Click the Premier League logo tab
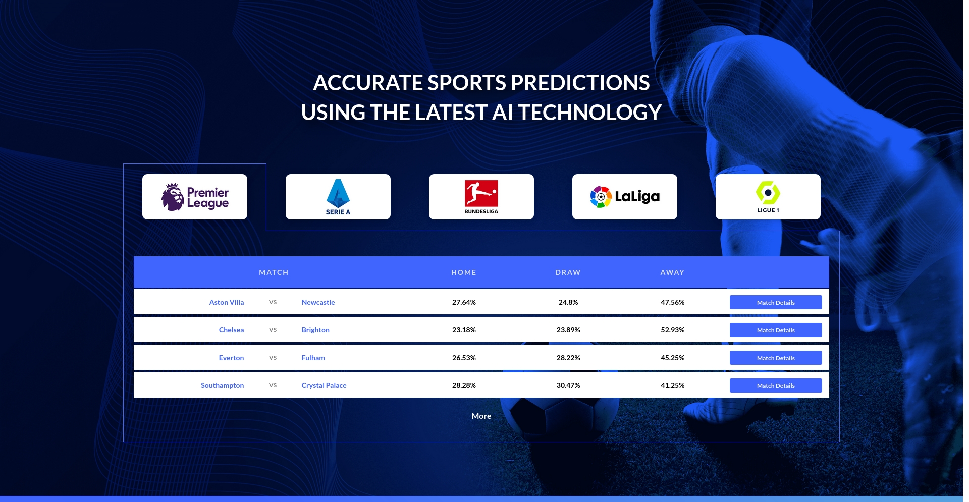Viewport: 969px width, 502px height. point(195,197)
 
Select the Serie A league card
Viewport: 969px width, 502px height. point(338,197)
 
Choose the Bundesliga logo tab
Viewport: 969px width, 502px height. point(481,197)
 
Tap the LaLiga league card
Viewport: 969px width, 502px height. point(625,197)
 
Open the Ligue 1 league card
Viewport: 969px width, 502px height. point(768,197)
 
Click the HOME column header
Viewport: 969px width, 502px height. point(464,272)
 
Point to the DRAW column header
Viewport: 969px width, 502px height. point(568,272)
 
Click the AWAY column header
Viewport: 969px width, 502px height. point(673,272)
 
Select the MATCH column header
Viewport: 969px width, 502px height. point(274,272)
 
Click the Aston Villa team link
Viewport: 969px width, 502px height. point(227,302)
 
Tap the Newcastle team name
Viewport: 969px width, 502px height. point(318,302)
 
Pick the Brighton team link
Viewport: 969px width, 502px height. point(315,330)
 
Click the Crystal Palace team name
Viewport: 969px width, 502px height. point(324,385)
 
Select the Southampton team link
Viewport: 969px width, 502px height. point(222,385)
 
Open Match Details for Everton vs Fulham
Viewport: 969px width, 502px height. point(776,358)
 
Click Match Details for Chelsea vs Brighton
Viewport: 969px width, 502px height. point(776,330)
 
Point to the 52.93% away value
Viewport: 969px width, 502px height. point(673,330)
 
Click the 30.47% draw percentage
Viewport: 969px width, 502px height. point(568,385)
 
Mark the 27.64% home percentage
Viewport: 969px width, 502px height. point(464,302)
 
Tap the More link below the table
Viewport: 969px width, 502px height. point(481,416)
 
